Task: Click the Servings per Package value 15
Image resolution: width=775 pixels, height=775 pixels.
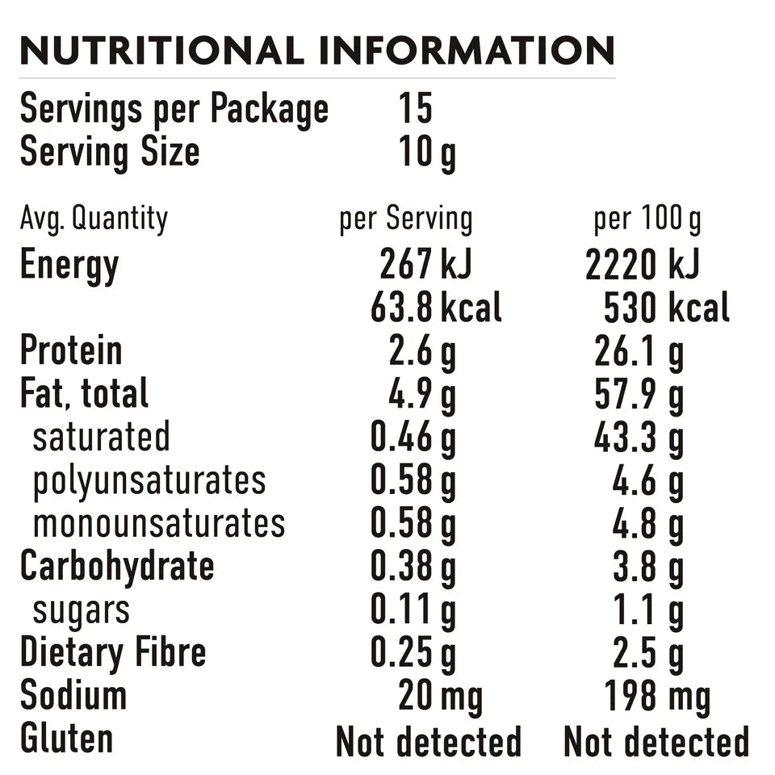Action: point(416,109)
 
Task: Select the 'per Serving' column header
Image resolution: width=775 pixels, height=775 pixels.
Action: point(405,220)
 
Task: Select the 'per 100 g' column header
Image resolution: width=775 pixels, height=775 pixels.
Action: point(647,220)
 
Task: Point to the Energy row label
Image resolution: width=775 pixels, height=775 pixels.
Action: point(69,266)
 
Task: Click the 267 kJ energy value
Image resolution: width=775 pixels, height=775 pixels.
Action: point(425,265)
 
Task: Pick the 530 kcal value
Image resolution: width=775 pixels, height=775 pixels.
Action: point(667,308)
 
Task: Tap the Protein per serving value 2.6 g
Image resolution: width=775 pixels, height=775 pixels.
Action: point(422,352)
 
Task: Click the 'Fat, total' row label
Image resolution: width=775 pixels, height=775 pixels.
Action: point(84,394)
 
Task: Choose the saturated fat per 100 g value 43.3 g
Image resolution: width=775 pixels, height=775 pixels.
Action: point(639,438)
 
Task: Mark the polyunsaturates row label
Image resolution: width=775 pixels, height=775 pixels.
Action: point(149,481)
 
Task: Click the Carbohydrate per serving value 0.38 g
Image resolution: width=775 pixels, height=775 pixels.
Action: point(413,568)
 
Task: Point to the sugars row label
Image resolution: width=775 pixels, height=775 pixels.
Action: point(81,611)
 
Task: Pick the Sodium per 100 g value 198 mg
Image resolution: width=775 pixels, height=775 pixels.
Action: point(657,697)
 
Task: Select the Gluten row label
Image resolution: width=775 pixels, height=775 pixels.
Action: point(66,739)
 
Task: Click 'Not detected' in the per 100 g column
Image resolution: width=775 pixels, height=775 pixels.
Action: point(656,741)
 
